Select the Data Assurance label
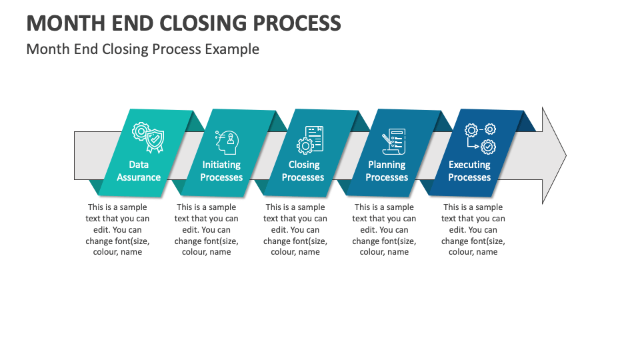139,171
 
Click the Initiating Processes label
221,171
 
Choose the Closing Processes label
303,171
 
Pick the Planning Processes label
387,171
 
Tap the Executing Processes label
469,171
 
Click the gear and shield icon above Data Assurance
147,138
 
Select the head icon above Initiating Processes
227,141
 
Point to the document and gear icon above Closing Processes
310,139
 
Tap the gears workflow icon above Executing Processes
480,138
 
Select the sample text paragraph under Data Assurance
117,229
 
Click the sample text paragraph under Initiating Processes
206,229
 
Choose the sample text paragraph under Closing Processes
295,229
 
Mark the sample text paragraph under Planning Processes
384,229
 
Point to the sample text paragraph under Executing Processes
473,229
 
